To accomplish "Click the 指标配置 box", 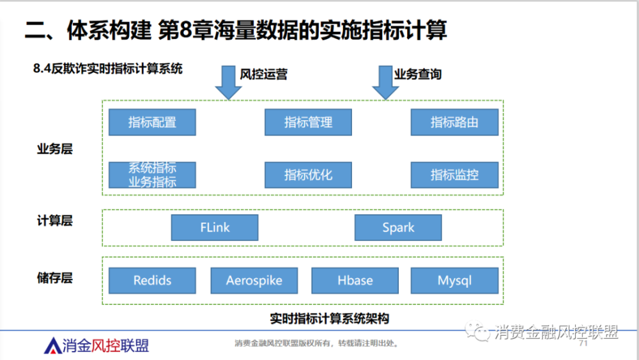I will (x=152, y=122).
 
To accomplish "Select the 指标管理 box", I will (x=308, y=122).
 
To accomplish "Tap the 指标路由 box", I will (x=454, y=122).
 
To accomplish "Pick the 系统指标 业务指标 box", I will (x=152, y=175).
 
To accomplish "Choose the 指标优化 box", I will (x=308, y=175).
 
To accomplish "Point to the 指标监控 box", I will (x=454, y=175).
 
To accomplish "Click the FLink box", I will (x=215, y=228).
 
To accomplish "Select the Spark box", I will (x=398, y=228).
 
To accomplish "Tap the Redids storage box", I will (x=152, y=280).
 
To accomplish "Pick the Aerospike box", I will (x=254, y=280).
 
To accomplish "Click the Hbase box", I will (x=355, y=280).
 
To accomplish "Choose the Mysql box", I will (x=454, y=280).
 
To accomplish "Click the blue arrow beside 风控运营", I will (x=228, y=82).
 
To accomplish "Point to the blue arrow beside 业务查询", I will (x=385, y=82).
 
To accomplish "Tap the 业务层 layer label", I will (x=54, y=150).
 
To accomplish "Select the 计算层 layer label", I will (x=54, y=221).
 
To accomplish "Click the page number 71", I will (x=582, y=344).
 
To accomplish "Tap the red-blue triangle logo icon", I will (x=52, y=346).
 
